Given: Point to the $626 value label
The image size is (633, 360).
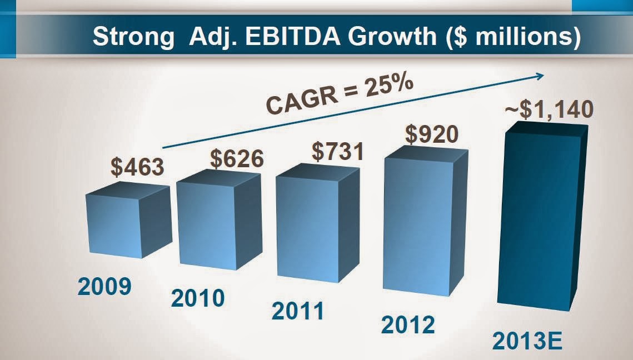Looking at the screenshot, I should pos(236,159).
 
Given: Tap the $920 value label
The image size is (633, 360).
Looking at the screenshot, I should pos(432,134).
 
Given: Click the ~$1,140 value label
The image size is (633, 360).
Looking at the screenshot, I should pos(549,109).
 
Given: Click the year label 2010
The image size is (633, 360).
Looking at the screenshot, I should pos(198,298).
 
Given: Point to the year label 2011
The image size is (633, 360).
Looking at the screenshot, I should pos(298,311).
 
